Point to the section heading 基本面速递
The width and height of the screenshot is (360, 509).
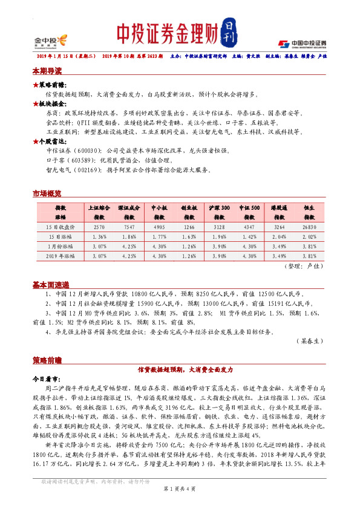50,284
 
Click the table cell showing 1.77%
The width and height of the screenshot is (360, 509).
159,236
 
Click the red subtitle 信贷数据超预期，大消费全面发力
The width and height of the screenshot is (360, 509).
185,369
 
